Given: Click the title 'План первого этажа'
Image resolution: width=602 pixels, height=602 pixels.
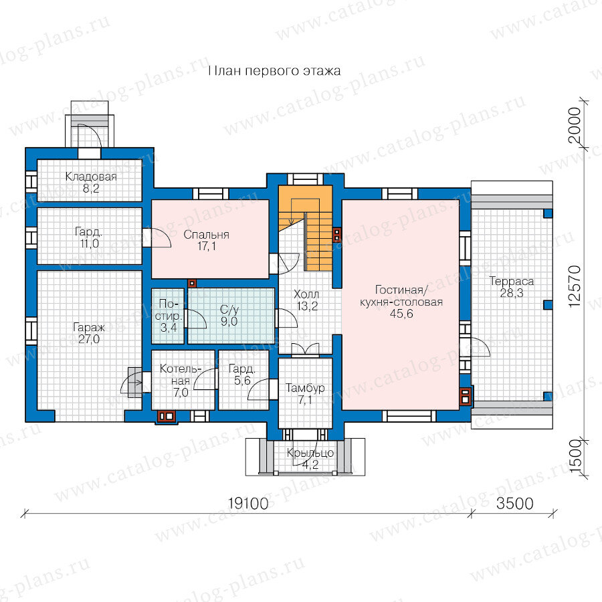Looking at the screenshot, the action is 274,71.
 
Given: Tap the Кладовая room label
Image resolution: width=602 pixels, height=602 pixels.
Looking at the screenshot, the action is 91,177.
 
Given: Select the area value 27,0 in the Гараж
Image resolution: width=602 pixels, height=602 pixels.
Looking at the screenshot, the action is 89,339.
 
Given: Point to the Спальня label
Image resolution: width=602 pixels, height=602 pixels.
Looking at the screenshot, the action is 206,235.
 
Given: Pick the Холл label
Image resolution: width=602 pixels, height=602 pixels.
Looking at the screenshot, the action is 306,294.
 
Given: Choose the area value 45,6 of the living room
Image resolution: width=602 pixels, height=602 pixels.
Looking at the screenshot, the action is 401,314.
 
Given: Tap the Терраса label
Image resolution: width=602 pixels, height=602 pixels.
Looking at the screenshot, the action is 512,282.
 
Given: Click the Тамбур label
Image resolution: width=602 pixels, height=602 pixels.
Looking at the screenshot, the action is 305,388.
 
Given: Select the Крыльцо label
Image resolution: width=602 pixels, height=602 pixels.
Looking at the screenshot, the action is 310,453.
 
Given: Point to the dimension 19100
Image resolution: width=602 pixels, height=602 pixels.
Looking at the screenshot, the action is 248,503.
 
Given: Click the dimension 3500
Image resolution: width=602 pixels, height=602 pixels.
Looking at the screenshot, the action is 515,503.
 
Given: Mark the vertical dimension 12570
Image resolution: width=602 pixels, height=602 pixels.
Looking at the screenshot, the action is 575,286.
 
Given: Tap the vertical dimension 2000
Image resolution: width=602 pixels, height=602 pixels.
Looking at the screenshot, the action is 575,126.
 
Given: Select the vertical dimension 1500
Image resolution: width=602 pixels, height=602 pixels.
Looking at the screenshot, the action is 575,456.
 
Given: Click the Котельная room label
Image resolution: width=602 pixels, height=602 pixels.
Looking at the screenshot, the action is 181,375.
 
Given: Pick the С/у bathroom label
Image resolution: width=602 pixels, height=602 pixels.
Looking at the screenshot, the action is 229,310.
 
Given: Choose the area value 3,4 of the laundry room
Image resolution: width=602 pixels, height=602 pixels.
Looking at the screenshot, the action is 169,328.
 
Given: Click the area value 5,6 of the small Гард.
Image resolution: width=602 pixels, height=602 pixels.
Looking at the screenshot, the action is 242,381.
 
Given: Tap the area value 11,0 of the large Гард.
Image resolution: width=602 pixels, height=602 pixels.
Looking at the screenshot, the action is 89,243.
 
